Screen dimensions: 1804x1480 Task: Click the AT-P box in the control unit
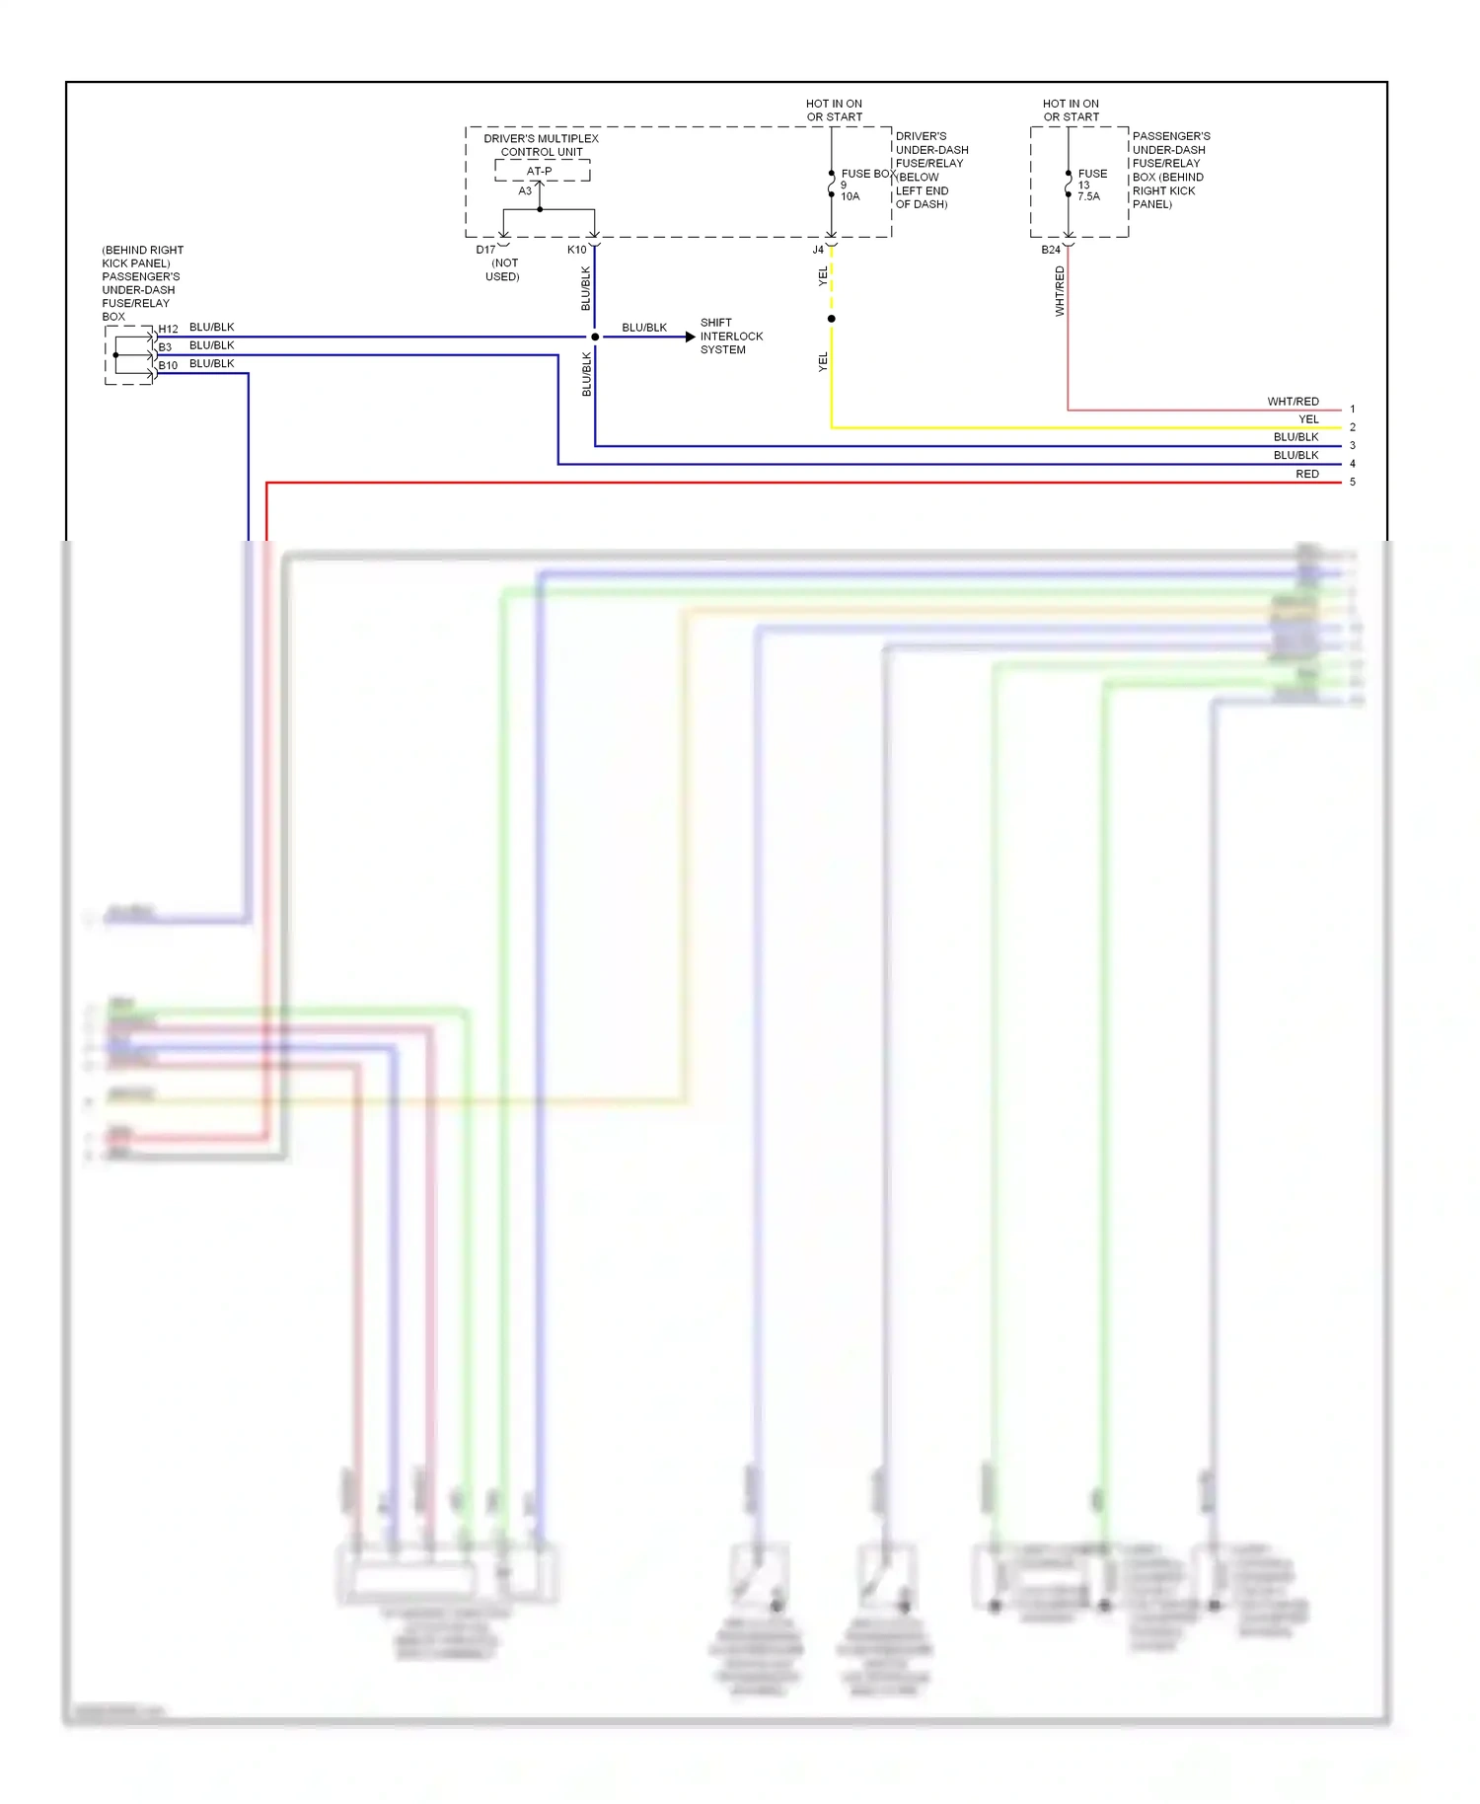pos(541,171)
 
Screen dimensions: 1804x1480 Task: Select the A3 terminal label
pos(525,190)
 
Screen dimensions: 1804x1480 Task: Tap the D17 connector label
pos(485,250)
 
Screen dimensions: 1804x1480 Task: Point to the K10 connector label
pos(576,250)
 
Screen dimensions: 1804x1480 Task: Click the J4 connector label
pos(818,250)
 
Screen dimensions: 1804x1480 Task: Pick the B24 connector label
pos(1051,250)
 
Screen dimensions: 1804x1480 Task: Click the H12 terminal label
pos(169,329)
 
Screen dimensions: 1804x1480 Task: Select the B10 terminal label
pos(169,365)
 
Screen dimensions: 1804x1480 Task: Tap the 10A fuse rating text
pos(851,196)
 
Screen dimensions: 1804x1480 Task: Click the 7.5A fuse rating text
pos(1088,196)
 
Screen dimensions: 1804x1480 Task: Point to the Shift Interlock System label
pos(731,337)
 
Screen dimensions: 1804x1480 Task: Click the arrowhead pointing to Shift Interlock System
pos(690,337)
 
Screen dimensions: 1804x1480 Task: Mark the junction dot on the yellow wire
pos(832,319)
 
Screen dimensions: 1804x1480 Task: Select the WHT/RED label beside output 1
pos(1293,402)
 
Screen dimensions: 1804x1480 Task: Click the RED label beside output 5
pos(1307,475)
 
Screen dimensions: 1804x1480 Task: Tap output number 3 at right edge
pos(1353,446)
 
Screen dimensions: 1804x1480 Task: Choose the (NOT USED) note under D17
pos(503,269)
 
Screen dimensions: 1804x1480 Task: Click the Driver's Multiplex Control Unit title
pos(541,145)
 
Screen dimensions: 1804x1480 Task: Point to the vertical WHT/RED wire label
pos(1060,291)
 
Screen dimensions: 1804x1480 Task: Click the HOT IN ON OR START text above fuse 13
pos(1071,110)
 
